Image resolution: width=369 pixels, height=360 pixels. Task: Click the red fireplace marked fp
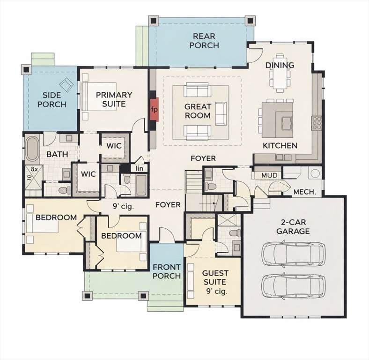[x=155, y=109]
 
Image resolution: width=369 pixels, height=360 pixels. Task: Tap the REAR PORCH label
[x=204, y=40]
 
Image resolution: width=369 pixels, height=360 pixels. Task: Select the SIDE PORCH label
[x=52, y=100]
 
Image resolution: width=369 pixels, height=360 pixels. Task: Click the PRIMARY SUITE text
[x=114, y=99]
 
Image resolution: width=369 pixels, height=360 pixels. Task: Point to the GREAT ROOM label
[x=198, y=111]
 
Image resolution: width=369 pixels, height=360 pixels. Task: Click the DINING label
[x=280, y=65]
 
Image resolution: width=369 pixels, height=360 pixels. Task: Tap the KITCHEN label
[x=280, y=146]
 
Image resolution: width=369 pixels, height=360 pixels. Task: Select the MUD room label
[x=269, y=175]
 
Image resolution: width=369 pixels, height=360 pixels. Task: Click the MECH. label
[x=304, y=192]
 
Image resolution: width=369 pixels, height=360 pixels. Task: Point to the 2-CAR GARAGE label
[x=293, y=226]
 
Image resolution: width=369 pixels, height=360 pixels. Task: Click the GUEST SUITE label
[x=215, y=277]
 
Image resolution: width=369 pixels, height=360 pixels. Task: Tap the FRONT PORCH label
[x=167, y=271]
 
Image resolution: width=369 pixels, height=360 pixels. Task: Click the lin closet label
[x=140, y=168]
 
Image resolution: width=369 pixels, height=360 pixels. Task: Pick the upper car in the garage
[x=294, y=253]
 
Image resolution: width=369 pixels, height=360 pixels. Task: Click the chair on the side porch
[x=66, y=83]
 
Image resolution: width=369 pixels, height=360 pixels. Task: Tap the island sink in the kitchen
[x=287, y=123]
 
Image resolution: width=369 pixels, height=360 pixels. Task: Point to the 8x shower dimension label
[x=34, y=169]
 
